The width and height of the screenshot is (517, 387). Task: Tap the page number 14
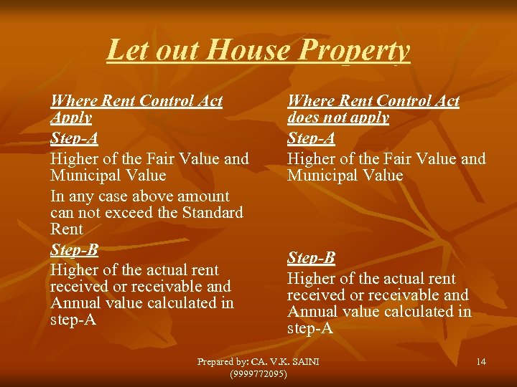(481, 362)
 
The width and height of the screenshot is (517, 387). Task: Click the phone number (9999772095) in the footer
(258, 374)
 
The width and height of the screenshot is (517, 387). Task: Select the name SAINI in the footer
(303, 362)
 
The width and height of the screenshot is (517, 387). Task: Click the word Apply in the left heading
(71, 118)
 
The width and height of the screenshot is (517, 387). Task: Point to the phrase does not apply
(338, 118)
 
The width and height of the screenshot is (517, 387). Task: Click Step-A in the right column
(311, 138)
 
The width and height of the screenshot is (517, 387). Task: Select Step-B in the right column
(311, 257)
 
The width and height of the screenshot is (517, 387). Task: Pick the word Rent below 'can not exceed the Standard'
(67, 229)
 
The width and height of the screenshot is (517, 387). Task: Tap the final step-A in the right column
(310, 329)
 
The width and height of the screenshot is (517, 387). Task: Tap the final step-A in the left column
(73, 320)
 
